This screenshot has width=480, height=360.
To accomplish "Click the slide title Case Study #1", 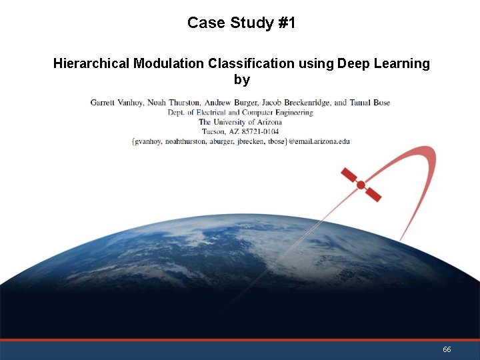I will (x=241, y=23).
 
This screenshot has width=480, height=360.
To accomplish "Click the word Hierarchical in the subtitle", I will (x=91, y=63).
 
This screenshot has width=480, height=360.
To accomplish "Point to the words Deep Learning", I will (x=383, y=63).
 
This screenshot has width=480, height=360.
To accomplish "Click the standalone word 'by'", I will (x=241, y=80).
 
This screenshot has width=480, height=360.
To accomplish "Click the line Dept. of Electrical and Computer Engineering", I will (x=240, y=113).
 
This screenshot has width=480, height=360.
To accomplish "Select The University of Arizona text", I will (x=240, y=122).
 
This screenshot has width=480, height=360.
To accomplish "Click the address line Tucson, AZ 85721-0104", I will (x=240, y=131).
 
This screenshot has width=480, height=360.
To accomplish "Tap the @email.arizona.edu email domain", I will (x=319, y=141).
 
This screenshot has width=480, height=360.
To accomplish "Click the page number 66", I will (x=447, y=350).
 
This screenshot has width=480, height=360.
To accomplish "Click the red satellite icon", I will (x=361, y=185).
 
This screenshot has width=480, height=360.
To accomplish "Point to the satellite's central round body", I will (x=361, y=185).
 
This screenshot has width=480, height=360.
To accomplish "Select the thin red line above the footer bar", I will (x=240, y=340).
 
